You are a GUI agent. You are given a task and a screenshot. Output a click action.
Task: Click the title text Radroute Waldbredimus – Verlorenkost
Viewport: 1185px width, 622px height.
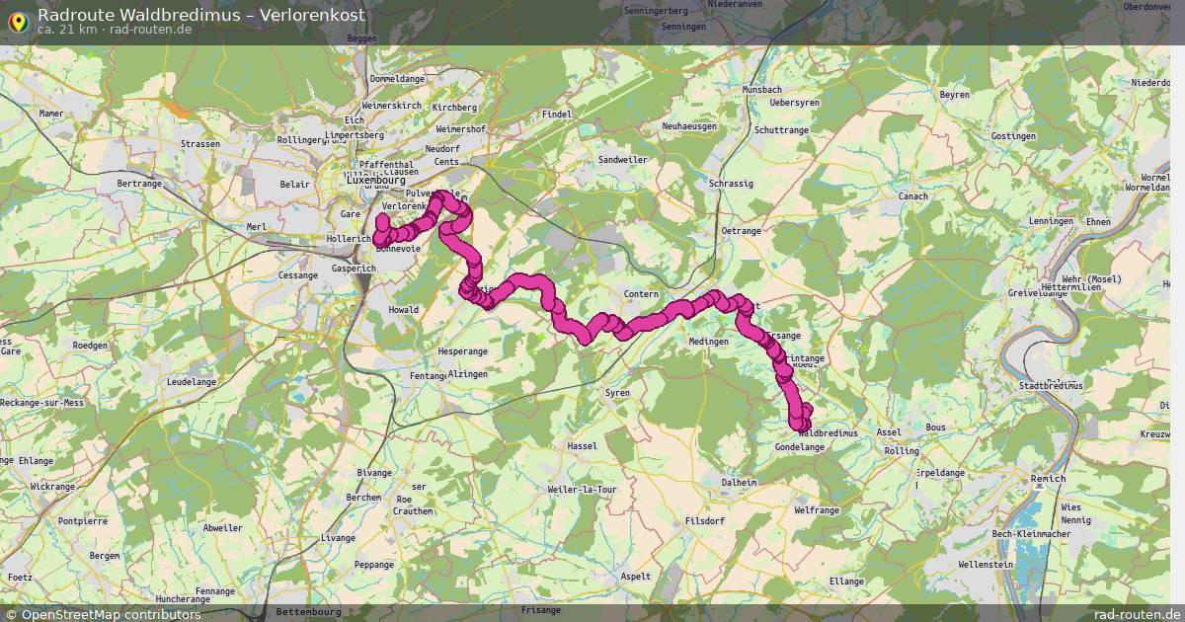click(x=200, y=15)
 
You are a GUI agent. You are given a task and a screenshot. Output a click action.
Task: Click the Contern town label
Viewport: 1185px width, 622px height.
click(x=641, y=294)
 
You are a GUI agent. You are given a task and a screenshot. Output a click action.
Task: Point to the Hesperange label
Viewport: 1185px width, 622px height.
click(x=462, y=350)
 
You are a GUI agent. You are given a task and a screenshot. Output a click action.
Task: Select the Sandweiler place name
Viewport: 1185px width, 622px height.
click(x=622, y=159)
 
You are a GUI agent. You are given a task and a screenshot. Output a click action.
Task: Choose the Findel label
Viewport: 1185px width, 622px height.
click(x=557, y=115)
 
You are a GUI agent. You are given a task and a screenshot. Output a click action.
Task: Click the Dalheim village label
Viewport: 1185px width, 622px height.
click(x=739, y=482)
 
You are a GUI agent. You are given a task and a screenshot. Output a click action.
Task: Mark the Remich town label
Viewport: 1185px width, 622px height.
click(x=1048, y=479)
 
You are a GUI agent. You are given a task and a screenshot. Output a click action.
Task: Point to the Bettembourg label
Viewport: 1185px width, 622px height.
click(x=308, y=611)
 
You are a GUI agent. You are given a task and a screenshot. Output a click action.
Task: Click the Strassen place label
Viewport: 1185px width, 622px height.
click(x=200, y=144)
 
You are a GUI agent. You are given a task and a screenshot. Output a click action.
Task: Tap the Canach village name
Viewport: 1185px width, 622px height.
click(x=912, y=195)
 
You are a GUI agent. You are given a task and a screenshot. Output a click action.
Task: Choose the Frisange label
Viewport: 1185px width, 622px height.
click(x=540, y=610)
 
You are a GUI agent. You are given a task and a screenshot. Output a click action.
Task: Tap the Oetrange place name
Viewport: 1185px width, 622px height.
click(x=742, y=230)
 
